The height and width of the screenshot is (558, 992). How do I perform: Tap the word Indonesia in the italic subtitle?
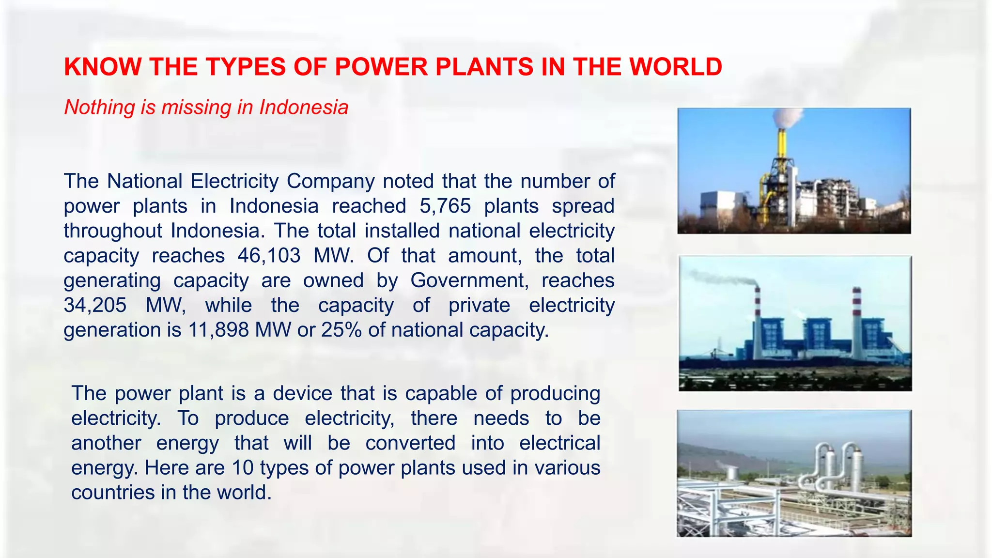click(304, 107)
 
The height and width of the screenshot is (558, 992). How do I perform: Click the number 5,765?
click(445, 206)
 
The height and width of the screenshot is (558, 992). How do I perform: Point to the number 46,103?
click(269, 256)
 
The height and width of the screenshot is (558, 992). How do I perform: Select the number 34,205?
click(95, 305)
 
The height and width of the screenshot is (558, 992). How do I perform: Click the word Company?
click(330, 181)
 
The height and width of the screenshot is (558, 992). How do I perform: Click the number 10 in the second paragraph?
click(243, 468)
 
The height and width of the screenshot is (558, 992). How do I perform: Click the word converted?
click(410, 443)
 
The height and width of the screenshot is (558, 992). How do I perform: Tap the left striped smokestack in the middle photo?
click(757, 320)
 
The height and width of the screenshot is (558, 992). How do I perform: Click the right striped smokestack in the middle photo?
click(857, 320)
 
